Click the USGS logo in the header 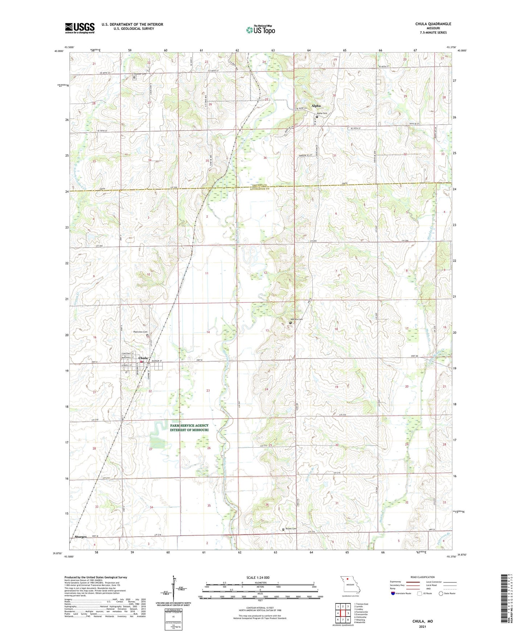click(80, 28)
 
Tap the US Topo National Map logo click(260, 30)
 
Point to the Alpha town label click(316, 106)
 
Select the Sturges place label click(81, 537)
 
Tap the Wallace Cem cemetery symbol click(290, 322)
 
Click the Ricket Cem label click(291, 529)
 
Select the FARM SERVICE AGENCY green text click(189, 426)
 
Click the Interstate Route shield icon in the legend click(393, 603)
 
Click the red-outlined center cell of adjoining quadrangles click(343, 614)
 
